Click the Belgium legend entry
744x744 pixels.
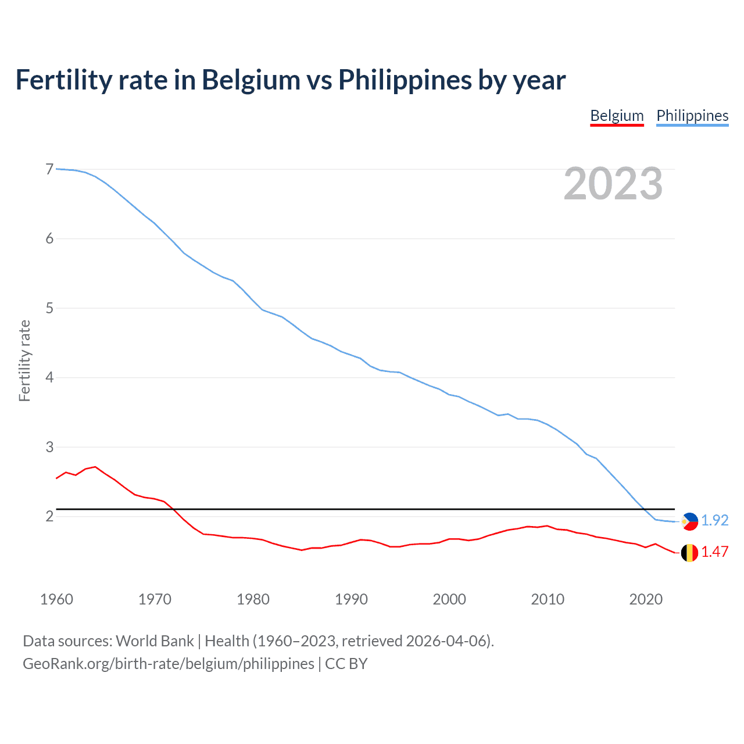pos(617,116)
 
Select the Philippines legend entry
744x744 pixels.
pos(692,116)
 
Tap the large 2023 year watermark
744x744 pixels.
pos(613,184)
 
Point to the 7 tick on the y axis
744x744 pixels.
pos(49,169)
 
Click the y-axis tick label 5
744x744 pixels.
pos(49,308)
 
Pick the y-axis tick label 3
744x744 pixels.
pos(49,447)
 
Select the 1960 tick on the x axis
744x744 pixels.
pos(56,599)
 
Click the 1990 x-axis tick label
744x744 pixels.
pos(351,599)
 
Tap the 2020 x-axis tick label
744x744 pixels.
pos(646,599)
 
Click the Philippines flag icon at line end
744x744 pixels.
pos(689,521)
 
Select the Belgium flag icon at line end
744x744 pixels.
pos(689,553)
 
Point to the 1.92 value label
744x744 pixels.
pos(714,520)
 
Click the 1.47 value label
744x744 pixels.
pos(714,552)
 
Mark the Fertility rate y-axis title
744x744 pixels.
pos(24,360)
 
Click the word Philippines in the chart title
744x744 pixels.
pos(405,80)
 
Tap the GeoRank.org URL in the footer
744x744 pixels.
pos(169,664)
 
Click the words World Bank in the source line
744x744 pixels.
pos(155,641)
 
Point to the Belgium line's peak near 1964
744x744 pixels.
pos(95,467)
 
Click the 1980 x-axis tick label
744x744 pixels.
pos(253,599)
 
